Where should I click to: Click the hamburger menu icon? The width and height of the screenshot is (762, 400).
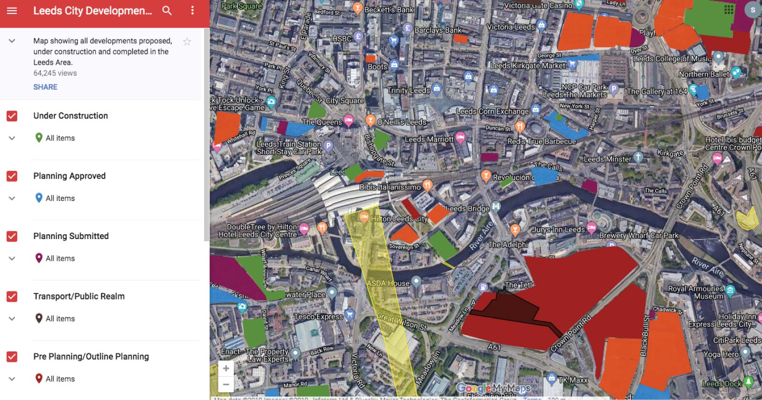(12, 10)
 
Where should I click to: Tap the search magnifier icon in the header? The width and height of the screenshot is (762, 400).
(167, 10)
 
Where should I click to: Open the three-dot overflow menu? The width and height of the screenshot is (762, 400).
(192, 10)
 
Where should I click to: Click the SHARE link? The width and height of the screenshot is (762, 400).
(45, 87)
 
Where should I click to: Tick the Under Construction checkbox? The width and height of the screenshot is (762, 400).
(12, 116)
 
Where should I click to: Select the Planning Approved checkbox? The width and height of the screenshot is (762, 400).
(12, 176)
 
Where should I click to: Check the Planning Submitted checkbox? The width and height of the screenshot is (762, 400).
(12, 236)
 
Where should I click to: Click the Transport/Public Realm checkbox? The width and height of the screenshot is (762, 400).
(12, 296)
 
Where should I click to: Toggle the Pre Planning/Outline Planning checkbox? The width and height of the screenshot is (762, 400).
(12, 357)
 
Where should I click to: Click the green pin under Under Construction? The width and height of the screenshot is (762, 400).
(39, 138)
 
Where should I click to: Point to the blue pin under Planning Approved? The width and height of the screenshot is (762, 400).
(39, 198)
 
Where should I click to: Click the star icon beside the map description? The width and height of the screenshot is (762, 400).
(187, 41)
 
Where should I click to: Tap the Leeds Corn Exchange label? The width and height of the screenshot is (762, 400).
(492, 111)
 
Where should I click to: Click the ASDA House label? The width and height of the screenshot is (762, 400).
(388, 283)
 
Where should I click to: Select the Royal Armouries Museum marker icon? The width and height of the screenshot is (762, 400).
(730, 290)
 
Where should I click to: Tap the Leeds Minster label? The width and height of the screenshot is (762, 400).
(607, 159)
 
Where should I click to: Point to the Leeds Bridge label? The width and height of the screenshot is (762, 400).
(468, 209)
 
